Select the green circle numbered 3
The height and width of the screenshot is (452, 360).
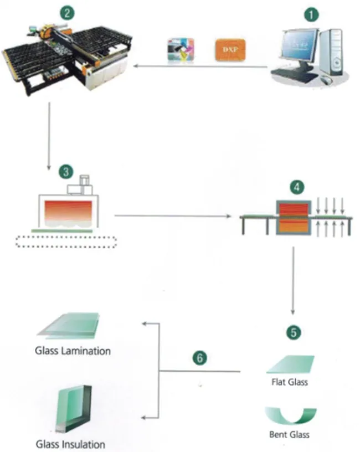[x=67, y=172]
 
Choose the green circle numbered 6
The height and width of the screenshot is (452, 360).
[x=201, y=357]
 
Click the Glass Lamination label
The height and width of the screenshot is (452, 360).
[x=73, y=351]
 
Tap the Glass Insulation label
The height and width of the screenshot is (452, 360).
[x=70, y=444]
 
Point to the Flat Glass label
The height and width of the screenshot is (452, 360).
[x=290, y=382]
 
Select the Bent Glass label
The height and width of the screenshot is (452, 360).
[x=290, y=434]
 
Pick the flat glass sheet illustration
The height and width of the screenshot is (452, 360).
[x=291, y=364]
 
